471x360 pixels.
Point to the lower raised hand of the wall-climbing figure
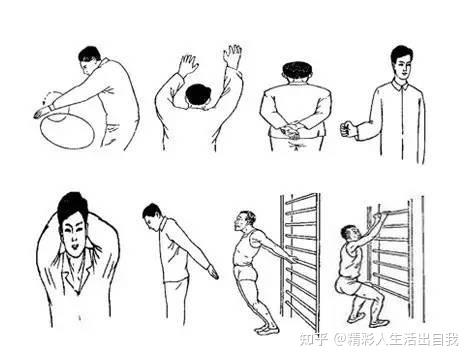188,65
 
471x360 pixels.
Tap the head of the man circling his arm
90,60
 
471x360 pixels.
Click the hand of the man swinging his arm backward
213,272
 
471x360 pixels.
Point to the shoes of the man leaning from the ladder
267,330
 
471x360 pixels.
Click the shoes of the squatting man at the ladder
368,321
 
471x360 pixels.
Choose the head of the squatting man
351,234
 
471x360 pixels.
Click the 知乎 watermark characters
313,340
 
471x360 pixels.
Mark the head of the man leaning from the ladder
245,221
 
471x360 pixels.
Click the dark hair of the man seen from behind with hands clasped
298,70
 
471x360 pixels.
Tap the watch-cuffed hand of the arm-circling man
43,112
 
